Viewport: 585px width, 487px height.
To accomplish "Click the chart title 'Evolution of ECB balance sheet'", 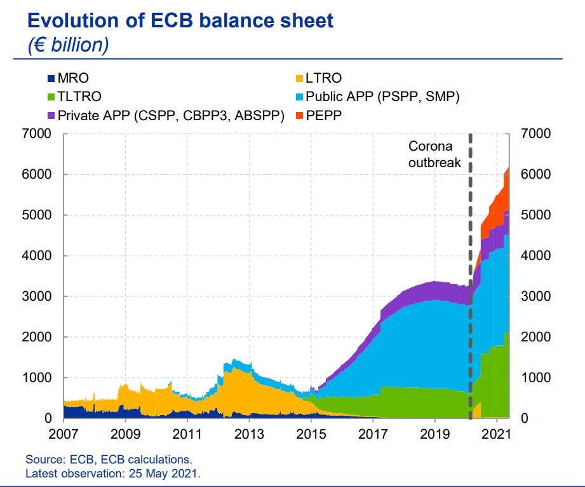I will click(x=180, y=20).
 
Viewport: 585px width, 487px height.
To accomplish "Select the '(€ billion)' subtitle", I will click(x=68, y=45).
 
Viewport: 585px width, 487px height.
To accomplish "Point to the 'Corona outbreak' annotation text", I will click(x=434, y=154).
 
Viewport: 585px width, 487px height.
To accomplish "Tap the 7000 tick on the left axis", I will click(x=37, y=134).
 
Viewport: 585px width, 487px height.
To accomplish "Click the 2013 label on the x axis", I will click(x=250, y=434).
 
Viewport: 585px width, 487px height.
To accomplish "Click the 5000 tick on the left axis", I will click(x=37, y=216).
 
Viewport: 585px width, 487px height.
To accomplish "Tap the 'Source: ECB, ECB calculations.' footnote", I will click(x=108, y=459).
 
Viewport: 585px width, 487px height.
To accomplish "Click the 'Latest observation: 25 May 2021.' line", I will click(x=113, y=473).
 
